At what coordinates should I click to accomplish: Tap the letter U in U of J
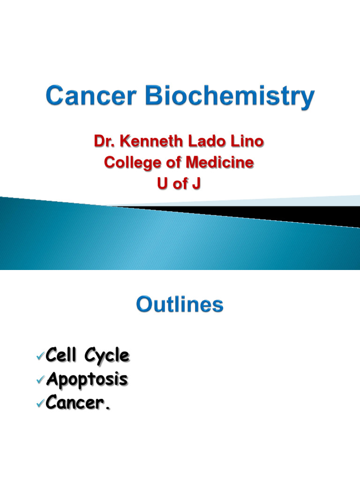[162, 184]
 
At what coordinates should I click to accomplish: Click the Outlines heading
[180, 305]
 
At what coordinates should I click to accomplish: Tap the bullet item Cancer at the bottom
[76, 403]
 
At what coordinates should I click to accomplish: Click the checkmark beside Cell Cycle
[40, 357]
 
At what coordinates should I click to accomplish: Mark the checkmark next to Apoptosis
[40, 380]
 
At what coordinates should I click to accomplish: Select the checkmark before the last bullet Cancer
[40, 403]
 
